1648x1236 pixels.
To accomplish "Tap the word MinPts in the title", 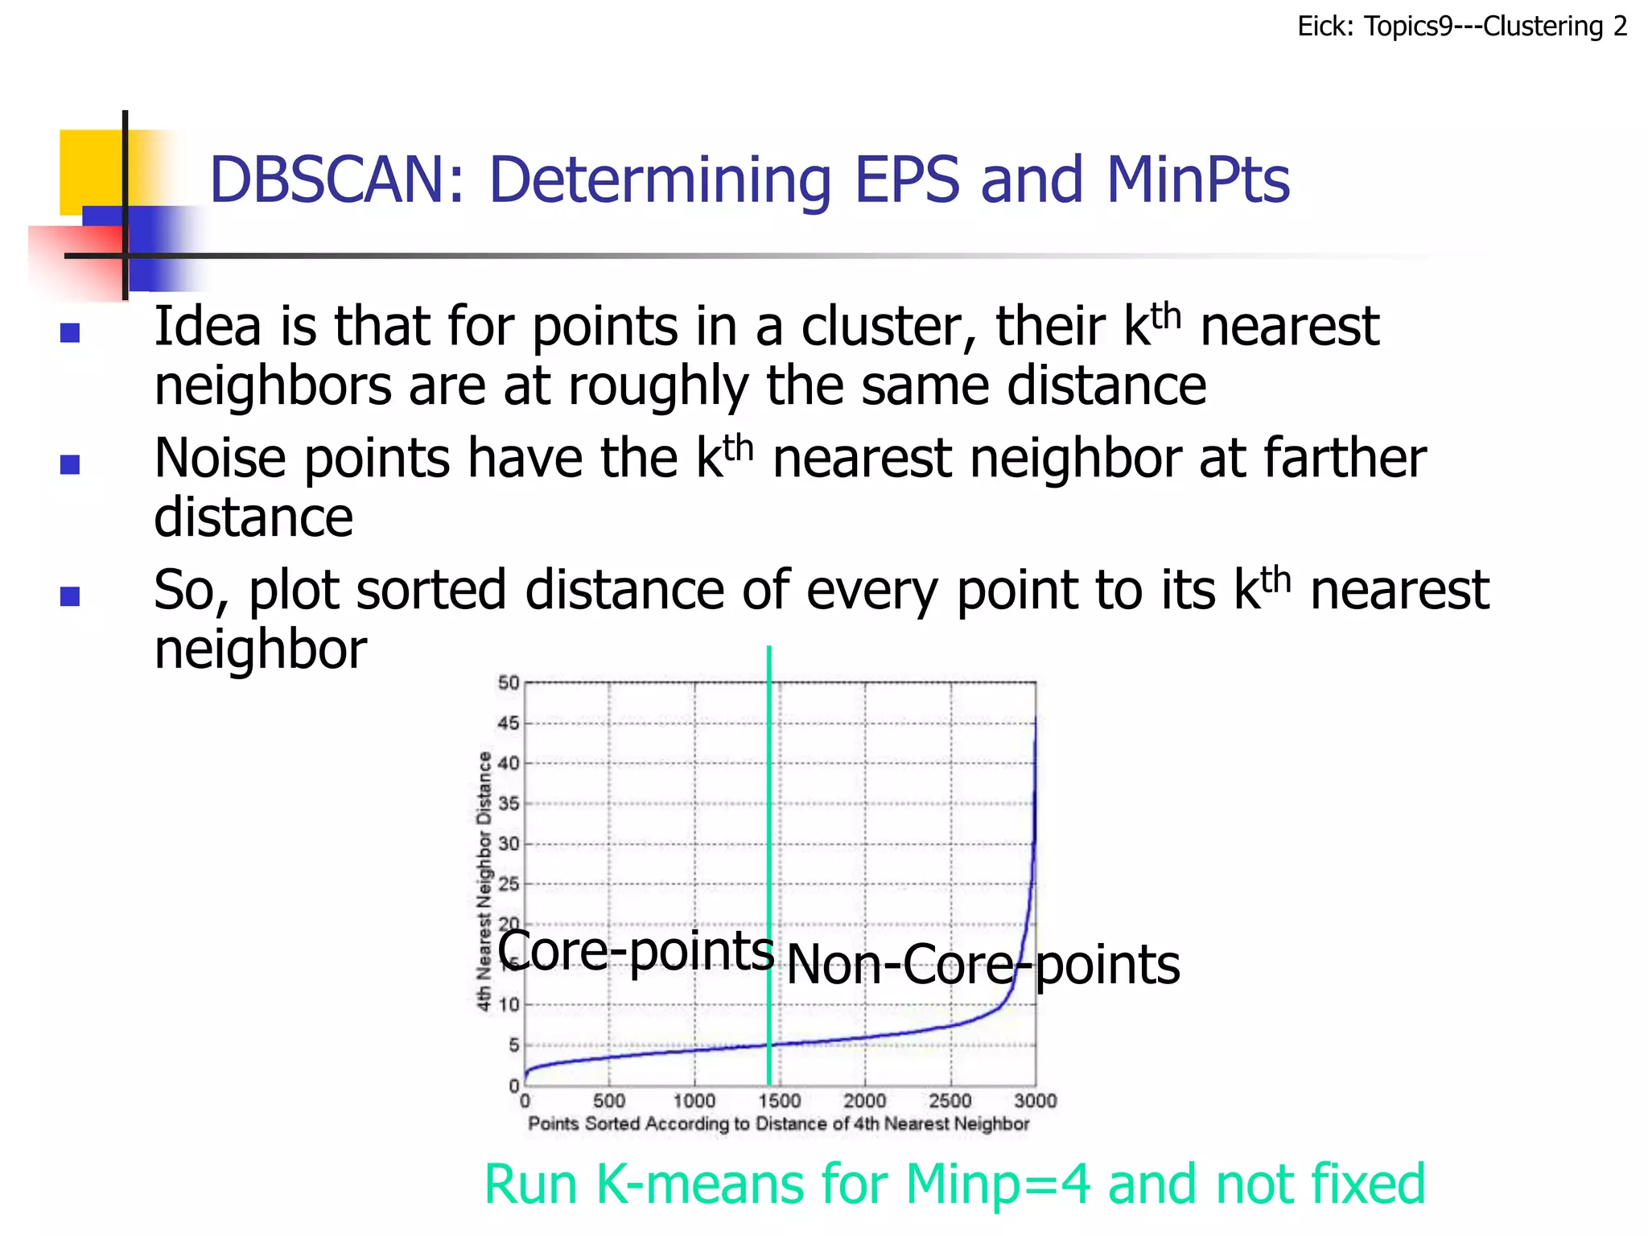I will coord(1197,179).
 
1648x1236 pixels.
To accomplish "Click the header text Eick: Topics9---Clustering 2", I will coord(1461,27).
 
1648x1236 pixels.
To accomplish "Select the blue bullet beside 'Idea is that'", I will coord(70,332).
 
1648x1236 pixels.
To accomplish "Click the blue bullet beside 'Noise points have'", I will coord(70,464).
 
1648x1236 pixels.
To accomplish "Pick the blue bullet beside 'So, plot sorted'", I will coord(70,595).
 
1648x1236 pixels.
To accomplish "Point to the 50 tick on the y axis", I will coord(509,683).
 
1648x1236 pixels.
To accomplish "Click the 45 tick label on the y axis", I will coord(509,723).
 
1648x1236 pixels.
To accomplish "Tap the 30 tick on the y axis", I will coord(509,844).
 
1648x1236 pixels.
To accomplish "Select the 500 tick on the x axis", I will coord(609,1100).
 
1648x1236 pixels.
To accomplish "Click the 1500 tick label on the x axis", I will coord(779,1100).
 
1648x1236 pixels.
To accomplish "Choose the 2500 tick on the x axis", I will coord(950,1100).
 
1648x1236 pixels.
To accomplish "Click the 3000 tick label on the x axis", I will coord(1035,1100).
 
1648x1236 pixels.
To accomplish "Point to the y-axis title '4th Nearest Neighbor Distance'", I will coord(484,881).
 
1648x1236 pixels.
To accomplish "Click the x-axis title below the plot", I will coord(778,1123).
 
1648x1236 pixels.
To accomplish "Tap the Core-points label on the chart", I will coord(636,950).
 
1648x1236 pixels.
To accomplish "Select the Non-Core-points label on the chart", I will coord(983,964).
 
